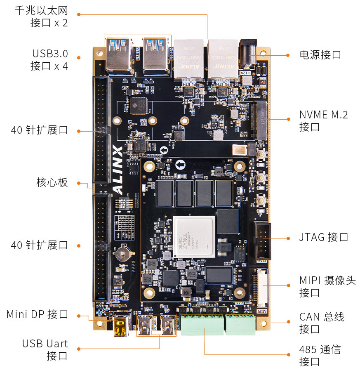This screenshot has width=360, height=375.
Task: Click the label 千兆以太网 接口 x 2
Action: pos(41,17)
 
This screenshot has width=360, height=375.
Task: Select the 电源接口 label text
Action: pos(320,55)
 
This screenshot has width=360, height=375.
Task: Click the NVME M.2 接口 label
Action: pos(323,120)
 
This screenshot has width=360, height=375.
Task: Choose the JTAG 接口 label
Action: pos(323,237)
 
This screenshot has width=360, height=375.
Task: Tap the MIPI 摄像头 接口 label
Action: pos(327,287)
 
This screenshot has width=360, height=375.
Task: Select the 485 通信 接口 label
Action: pos(320,356)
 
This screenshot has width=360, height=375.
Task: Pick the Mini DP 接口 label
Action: pos(37,314)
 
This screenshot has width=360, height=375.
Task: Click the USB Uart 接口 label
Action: pos(45,350)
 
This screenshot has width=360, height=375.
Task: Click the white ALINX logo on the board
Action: pos(118,169)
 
